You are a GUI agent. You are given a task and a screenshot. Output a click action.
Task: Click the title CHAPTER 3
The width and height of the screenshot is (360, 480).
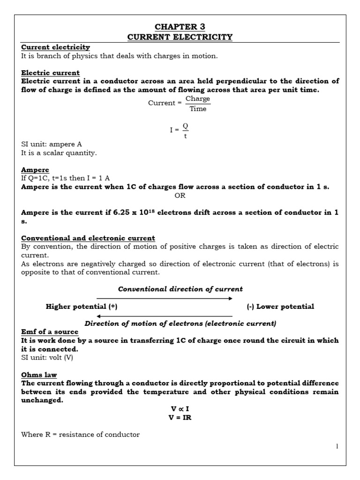click(180, 27)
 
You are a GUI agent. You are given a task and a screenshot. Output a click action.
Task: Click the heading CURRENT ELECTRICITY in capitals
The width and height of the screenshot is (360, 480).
click(180, 37)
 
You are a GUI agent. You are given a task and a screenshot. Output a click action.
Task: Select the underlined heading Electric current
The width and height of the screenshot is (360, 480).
click(51, 73)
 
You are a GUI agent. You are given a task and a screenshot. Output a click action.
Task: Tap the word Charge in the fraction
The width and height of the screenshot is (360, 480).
click(198, 98)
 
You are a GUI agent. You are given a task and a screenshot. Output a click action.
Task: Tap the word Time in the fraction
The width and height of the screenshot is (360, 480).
click(198, 109)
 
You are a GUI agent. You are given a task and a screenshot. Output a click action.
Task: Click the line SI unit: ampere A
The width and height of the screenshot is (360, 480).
click(52, 144)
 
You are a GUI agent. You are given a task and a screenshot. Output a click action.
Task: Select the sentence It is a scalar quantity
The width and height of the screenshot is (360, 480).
click(59, 153)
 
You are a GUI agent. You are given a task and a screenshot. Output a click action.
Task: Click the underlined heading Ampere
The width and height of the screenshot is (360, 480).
click(35, 170)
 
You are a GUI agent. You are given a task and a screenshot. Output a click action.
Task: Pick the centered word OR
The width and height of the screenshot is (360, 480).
click(180, 195)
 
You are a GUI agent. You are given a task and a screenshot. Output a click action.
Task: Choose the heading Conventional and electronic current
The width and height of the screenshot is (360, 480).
click(88, 238)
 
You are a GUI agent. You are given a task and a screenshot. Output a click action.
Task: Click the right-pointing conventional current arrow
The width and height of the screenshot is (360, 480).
click(164, 298)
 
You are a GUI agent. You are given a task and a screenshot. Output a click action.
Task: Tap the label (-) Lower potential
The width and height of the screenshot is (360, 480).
click(280, 307)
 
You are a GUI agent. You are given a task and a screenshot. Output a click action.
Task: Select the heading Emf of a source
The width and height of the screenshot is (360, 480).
click(50, 332)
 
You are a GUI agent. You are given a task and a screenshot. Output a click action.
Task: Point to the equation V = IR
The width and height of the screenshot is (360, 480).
click(180, 418)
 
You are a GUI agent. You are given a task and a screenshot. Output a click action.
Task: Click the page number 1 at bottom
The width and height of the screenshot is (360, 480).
click(337, 446)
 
